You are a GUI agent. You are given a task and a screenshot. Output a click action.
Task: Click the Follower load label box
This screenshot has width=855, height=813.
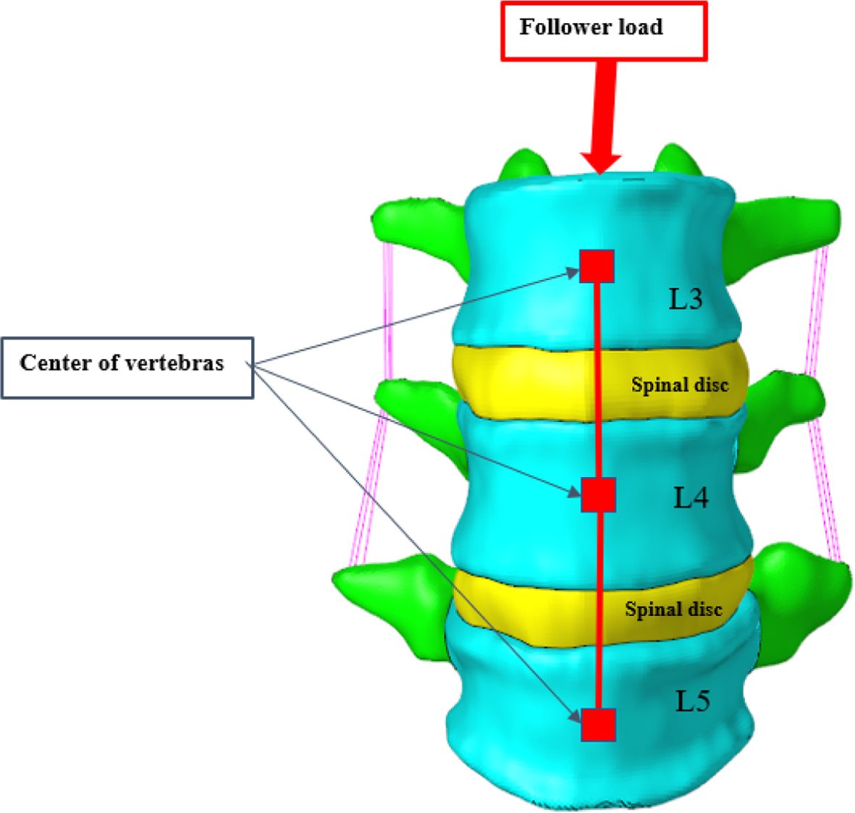coord(603,30)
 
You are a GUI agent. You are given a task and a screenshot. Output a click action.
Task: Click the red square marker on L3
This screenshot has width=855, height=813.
coord(597,266)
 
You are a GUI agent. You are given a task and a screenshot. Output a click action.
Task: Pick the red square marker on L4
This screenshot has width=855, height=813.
coord(599,495)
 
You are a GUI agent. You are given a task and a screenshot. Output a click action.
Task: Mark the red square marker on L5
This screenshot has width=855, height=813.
coord(599,725)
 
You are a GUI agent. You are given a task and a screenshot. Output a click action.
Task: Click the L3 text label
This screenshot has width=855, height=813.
coord(685,298)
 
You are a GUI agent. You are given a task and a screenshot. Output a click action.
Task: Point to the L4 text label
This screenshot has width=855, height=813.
coord(691,497)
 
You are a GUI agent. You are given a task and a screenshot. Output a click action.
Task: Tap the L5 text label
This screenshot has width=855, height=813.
coord(693,701)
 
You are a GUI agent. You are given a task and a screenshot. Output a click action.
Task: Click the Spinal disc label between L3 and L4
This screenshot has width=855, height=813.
coord(679,384)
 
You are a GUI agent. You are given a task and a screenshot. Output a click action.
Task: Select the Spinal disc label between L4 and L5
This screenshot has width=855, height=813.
coord(673,609)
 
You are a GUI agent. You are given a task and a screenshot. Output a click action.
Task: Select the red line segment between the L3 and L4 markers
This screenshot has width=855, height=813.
coord(599,380)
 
